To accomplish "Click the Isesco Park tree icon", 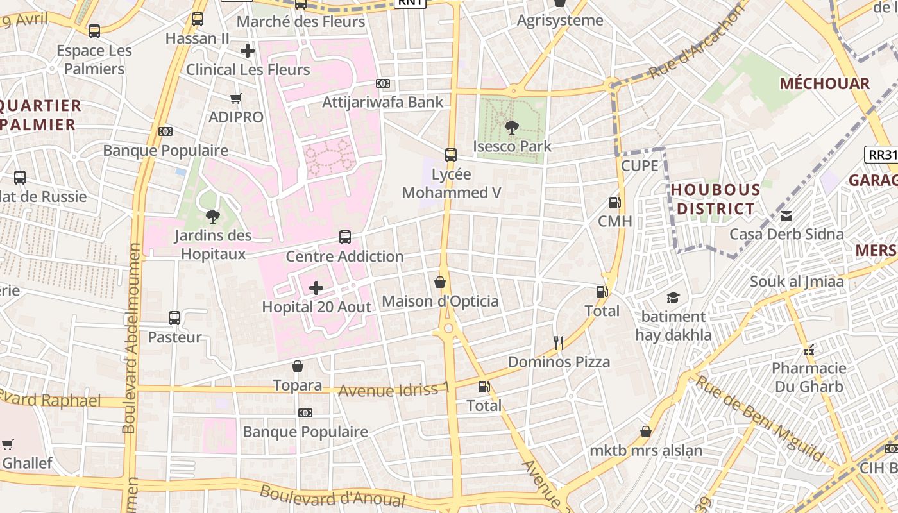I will pyautogui.click(x=511, y=128).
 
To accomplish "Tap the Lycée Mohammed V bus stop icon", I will pyautogui.click(x=451, y=155).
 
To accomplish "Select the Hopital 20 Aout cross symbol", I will pyautogui.click(x=316, y=288).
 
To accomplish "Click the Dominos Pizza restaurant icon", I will pyautogui.click(x=559, y=343).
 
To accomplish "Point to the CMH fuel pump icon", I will pyautogui.click(x=614, y=203).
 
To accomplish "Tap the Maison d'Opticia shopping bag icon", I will pyautogui.click(x=440, y=282).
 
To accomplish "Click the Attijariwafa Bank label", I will pyautogui.click(x=382, y=102).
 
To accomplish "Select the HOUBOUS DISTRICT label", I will pyautogui.click(x=715, y=199).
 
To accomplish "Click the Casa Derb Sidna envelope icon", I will pyautogui.click(x=786, y=215).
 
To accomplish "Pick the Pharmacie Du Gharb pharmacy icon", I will pyautogui.click(x=808, y=350).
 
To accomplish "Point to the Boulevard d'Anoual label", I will pyautogui.click(x=332, y=497).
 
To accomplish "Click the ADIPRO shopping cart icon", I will pyautogui.click(x=235, y=98).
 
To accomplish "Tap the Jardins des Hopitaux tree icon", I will pyautogui.click(x=212, y=217).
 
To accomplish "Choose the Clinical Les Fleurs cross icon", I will pyautogui.click(x=248, y=51).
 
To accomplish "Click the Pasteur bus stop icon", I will pyautogui.click(x=174, y=318).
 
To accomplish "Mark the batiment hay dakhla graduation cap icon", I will pyautogui.click(x=673, y=298).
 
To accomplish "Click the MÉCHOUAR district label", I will pyautogui.click(x=824, y=83).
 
